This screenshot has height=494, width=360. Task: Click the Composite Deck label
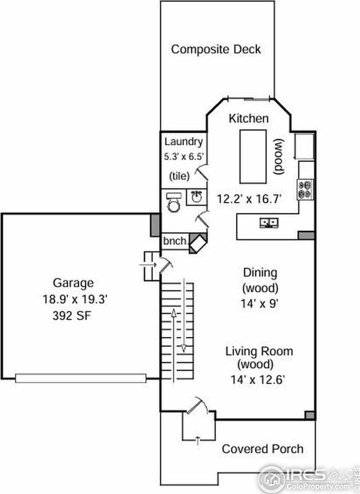(216, 50)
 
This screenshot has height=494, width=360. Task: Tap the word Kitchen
(249, 118)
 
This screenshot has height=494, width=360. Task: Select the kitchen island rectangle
(254, 156)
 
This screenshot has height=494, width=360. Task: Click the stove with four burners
(306, 188)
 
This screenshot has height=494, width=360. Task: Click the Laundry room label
(184, 142)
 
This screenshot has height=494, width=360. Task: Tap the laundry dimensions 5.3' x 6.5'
(184, 156)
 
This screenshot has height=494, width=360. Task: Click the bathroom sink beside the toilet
(196, 196)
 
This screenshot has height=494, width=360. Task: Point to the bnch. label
(175, 241)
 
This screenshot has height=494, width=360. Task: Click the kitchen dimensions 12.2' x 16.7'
(249, 199)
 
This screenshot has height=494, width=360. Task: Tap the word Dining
(260, 271)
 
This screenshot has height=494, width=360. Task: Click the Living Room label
(259, 351)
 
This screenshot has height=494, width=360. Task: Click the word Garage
(73, 282)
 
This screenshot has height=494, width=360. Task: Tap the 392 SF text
(73, 316)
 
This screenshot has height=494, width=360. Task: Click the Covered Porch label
(262, 448)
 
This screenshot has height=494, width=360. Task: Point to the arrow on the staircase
(183, 315)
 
